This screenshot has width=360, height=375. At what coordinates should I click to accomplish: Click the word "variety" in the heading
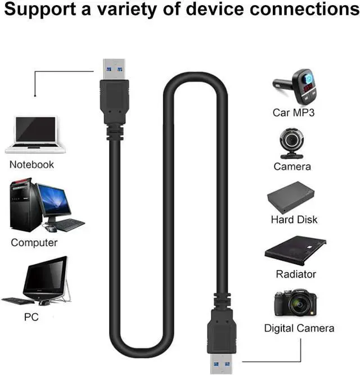pyautogui.click(x=127, y=10)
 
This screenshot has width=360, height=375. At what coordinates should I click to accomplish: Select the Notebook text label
pyautogui.click(x=31, y=165)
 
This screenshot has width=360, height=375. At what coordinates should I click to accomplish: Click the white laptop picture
pyautogui.click(x=35, y=134)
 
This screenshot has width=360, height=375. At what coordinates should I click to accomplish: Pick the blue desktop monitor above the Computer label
pyautogui.click(x=54, y=201)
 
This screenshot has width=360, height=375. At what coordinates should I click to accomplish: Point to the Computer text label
pyautogui.click(x=34, y=243)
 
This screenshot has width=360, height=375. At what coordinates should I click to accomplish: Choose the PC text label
pyautogui.click(x=31, y=317)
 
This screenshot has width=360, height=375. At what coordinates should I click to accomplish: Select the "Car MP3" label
pyautogui.click(x=294, y=112)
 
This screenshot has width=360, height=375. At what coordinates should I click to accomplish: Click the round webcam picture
pyautogui.click(x=291, y=143)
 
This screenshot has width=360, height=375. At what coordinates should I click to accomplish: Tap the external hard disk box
pyautogui.click(x=291, y=197)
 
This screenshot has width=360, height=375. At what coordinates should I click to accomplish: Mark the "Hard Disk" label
pyautogui.click(x=294, y=220)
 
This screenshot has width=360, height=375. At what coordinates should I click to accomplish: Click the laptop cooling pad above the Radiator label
pyautogui.click(x=295, y=250)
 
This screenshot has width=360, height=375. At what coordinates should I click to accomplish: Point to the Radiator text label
pyautogui.click(x=296, y=274)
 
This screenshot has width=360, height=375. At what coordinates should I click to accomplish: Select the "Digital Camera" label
pyautogui.click(x=299, y=328)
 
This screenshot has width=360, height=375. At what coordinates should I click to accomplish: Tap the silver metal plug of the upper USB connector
pyautogui.click(x=114, y=69)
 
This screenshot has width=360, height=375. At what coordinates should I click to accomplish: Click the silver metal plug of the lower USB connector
pyautogui.click(x=221, y=364)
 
